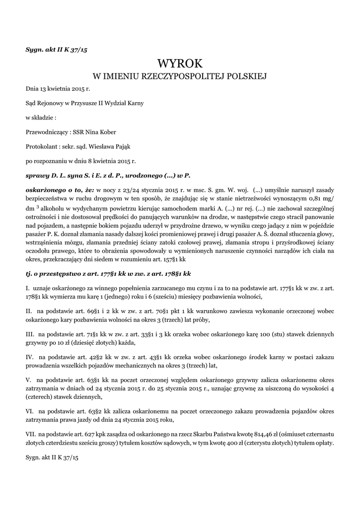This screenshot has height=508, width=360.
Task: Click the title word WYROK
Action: point(180,63)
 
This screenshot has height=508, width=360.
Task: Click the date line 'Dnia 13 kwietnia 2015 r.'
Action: point(58,89)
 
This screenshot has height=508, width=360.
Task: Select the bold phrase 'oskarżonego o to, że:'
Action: point(59,190)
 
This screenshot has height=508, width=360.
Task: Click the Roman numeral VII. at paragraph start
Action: point(31,434)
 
